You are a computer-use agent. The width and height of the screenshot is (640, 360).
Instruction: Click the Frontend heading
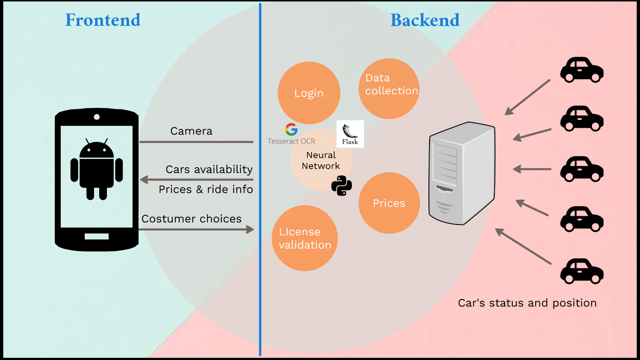[103, 20]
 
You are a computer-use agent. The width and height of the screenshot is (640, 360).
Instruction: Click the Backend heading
[425, 20]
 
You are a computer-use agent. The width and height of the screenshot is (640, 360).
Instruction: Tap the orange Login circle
[309, 93]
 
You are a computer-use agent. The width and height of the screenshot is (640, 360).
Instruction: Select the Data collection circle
[389, 88]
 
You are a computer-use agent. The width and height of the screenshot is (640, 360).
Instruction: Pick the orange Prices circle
[389, 203]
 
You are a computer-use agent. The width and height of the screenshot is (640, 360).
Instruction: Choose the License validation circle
[305, 238]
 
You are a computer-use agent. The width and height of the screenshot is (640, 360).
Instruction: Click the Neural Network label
[321, 160]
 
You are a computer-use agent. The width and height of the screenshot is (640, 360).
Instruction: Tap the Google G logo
[291, 129]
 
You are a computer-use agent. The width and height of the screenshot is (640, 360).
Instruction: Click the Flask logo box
[350, 134]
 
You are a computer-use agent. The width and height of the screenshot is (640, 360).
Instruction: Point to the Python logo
[341, 186]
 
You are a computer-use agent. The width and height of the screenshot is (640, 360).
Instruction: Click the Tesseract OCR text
[291, 141]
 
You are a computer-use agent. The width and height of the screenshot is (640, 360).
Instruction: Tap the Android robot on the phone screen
[97, 169]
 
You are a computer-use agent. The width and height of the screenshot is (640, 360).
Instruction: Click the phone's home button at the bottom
[97, 236]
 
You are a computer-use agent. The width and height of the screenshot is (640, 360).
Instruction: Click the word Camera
[191, 131]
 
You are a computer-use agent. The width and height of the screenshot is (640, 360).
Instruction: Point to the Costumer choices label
[191, 219]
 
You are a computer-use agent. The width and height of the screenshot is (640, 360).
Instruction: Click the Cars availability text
[209, 169]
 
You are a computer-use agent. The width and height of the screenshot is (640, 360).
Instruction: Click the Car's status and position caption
[527, 303]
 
